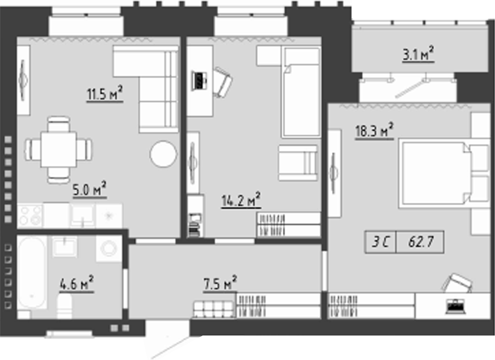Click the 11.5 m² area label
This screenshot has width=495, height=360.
105,94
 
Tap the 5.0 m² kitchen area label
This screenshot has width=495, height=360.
90,190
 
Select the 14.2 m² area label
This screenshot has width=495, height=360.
241,199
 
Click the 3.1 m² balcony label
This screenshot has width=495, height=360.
418,54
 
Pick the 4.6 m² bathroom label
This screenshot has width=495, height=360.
77,284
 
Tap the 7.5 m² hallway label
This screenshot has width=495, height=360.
220,284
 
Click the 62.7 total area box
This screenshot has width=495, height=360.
420,242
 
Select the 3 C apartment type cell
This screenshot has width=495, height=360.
380,242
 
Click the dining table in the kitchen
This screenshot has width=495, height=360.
58,149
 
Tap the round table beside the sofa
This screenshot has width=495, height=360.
163,154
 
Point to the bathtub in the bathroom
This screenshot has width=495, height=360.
32,273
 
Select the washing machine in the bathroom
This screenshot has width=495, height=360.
109,248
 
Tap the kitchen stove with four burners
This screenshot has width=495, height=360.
30,216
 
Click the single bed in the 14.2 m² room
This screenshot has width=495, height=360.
301,92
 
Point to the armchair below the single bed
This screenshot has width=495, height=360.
298,163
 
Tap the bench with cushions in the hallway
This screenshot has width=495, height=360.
214,309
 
